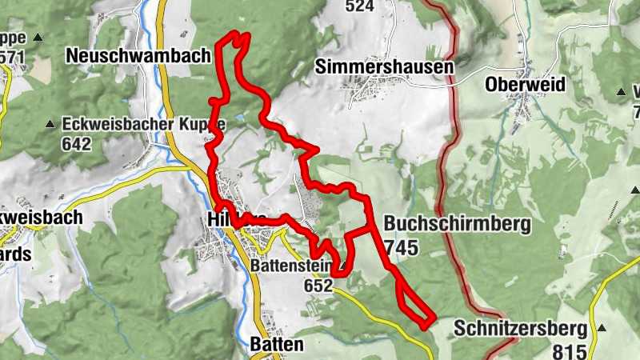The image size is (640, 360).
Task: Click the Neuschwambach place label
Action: click(138, 55)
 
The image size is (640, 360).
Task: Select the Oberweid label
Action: click(525, 84)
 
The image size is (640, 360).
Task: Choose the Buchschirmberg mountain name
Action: click(457, 225)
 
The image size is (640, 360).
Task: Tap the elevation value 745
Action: click(401, 248)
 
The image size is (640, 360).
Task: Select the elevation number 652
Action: click(318, 284)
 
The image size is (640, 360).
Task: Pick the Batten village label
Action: click(277, 345)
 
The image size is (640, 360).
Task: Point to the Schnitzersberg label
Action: click(521, 328)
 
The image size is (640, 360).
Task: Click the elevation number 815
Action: click(569, 350)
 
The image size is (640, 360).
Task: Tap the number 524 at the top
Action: click(360, 6)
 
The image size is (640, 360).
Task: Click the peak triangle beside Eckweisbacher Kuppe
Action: click(50, 124)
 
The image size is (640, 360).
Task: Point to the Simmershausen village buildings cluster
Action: click(372, 92)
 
